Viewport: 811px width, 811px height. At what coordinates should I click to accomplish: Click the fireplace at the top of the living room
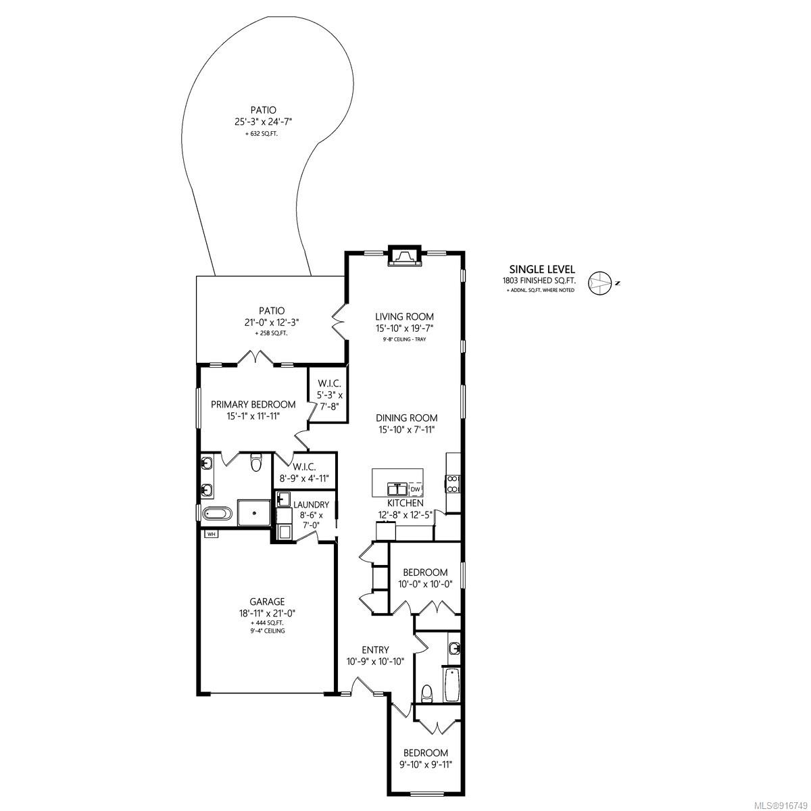coord(404,255)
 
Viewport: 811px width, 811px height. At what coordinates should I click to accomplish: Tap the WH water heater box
coord(212,534)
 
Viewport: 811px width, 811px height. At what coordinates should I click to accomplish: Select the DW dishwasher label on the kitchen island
coord(415,489)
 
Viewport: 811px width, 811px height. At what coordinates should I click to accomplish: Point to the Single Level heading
coord(542,270)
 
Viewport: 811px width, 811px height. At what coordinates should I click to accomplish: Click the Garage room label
coord(267,601)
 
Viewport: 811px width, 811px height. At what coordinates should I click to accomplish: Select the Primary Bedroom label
coord(253,404)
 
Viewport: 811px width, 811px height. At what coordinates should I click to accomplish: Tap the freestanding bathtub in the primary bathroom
coord(217,514)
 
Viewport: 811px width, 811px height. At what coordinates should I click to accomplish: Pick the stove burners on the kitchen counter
coord(453,484)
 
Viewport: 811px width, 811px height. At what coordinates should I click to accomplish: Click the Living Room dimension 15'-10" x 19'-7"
coord(404,328)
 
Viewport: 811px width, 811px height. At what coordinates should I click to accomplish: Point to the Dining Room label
coord(407,418)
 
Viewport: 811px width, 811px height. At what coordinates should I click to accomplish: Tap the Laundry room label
coord(311,505)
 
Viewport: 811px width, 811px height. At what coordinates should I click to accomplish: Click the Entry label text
coord(375,649)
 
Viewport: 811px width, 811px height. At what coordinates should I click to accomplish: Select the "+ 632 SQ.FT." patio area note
coord(263,134)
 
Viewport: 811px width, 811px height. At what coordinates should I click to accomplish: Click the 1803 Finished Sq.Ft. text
coord(539,280)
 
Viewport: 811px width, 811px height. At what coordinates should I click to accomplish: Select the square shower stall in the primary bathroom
coord(254,512)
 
